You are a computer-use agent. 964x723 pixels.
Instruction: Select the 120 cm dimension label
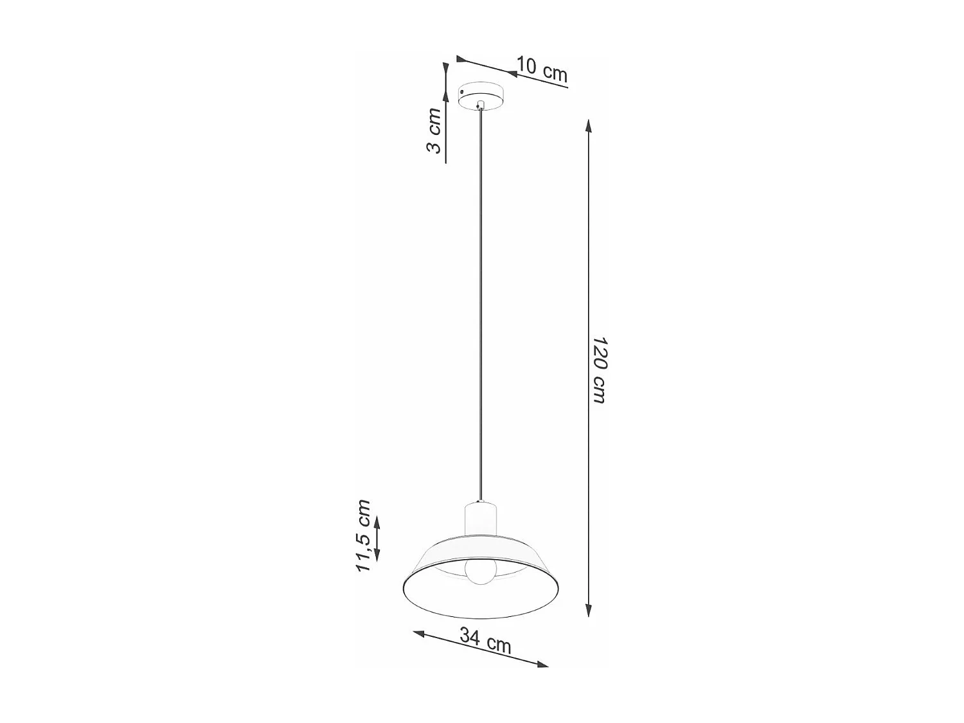tap(598, 370)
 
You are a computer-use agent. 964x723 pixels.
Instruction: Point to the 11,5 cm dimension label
tap(363, 535)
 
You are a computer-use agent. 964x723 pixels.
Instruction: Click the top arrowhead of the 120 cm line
tap(587, 124)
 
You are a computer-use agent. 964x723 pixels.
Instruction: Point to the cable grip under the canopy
tap(481, 105)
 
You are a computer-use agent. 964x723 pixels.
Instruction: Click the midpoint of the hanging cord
tap(481, 305)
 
